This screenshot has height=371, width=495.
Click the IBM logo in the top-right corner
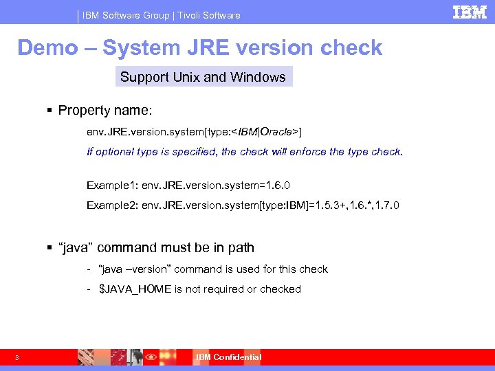click(470, 12)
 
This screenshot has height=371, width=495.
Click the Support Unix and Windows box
click(203, 77)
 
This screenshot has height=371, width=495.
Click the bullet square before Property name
click(51, 111)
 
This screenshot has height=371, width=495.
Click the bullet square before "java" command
click(51, 248)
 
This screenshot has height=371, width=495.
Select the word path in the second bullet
click(241, 248)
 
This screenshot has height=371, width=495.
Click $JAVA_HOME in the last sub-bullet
click(135, 289)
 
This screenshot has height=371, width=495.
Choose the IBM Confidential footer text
click(228, 357)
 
